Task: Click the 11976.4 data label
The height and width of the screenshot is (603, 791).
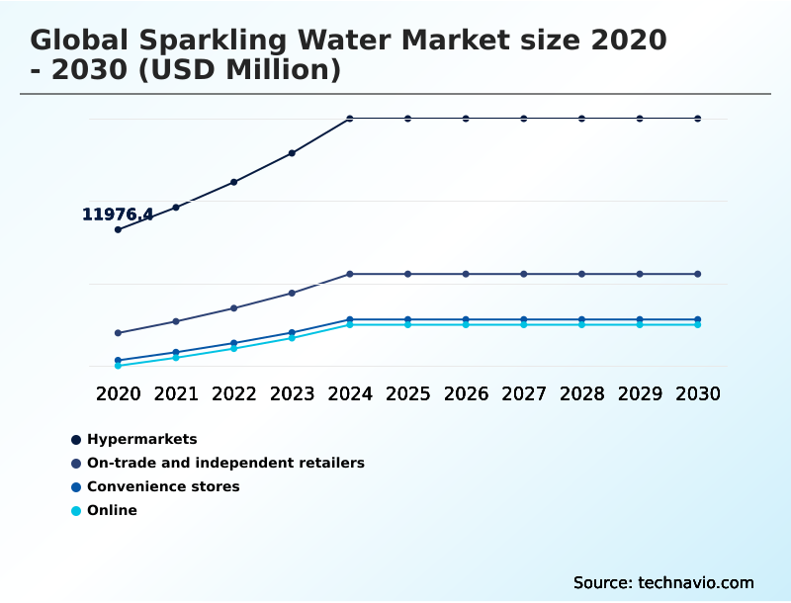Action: point(118,215)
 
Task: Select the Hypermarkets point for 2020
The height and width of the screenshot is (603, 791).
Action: point(118,229)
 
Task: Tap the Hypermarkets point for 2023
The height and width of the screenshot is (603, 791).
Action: point(292,153)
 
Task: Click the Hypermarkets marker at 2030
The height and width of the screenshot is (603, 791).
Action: point(698,119)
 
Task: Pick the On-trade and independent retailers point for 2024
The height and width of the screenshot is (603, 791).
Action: point(350,274)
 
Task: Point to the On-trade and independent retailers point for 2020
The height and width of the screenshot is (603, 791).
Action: point(118,333)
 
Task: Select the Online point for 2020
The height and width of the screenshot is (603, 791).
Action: point(118,366)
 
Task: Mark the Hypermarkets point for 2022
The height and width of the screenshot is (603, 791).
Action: point(234,182)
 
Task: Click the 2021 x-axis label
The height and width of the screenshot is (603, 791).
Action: point(176,393)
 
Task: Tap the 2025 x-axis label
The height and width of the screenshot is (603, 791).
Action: point(407,393)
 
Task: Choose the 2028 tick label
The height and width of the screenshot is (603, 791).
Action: point(581,393)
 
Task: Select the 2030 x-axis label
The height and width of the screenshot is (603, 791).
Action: point(698,393)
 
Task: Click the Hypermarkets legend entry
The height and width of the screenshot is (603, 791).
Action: point(141,439)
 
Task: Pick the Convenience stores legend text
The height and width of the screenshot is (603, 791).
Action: point(163,486)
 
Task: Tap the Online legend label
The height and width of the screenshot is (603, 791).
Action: point(112,510)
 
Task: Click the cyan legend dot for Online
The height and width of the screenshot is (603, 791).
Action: point(76,511)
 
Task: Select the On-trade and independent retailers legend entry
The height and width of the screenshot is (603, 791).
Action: point(225,463)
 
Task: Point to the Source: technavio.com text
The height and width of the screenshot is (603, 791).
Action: point(663,582)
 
